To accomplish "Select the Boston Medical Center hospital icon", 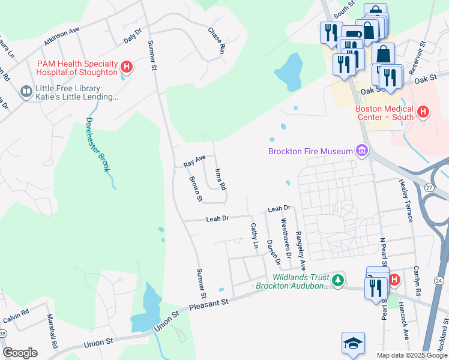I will [423, 112].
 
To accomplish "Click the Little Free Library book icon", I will [26, 92].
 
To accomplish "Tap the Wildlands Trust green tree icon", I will [339, 280].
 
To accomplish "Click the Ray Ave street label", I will [194, 161].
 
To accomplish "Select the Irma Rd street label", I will [220, 179].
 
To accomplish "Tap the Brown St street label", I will [196, 188].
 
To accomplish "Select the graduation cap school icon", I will [353, 343].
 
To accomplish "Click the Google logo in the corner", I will [20, 352].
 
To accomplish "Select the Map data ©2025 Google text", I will [412, 355].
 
